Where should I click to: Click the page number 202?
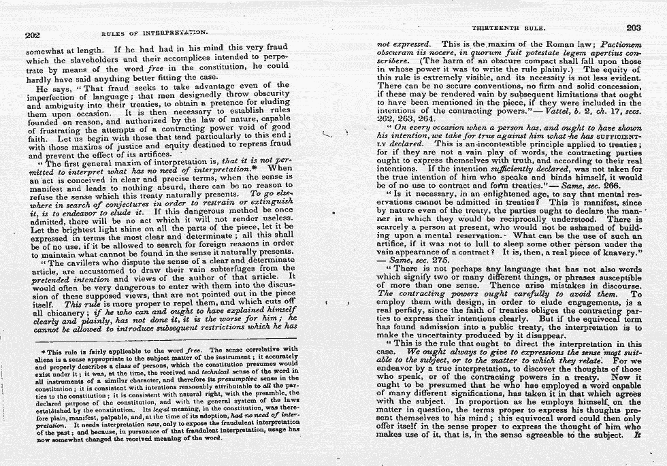coord(33,35)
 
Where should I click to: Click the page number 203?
coord(633,28)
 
